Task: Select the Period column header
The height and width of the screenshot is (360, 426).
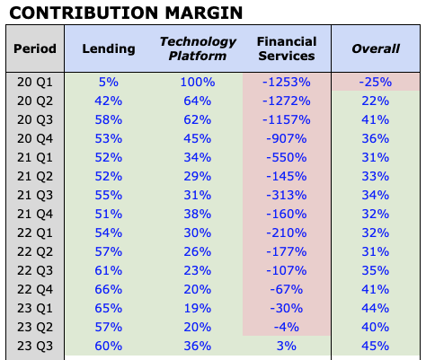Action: click(36, 48)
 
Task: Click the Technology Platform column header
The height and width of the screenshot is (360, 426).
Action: click(198, 48)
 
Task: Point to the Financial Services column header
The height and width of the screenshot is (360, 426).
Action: click(286, 48)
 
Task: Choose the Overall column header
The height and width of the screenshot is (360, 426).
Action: click(375, 48)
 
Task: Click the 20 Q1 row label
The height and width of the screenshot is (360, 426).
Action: click(36, 82)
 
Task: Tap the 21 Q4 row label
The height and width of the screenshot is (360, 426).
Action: click(36, 214)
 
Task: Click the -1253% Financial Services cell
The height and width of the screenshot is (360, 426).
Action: click(286, 82)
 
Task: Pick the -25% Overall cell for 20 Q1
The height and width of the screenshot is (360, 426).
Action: click(375, 82)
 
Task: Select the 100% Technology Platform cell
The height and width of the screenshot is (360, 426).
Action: click(198, 82)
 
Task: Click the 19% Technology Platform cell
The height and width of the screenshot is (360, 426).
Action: click(198, 308)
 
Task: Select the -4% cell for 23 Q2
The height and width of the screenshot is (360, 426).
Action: click(286, 327)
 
